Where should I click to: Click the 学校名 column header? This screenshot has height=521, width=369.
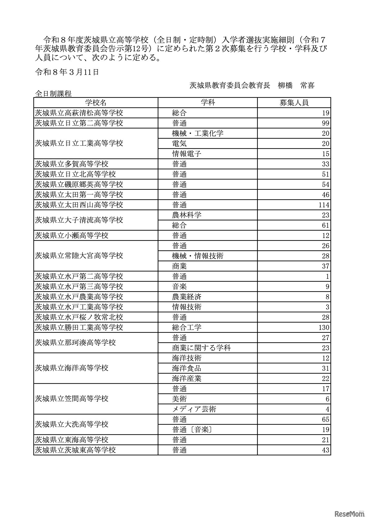pyautogui.click(x=96, y=103)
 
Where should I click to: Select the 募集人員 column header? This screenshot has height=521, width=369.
pyautogui.click(x=294, y=103)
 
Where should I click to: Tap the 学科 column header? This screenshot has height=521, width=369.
pyautogui.click(x=207, y=103)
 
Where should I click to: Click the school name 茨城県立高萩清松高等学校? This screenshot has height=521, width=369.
pyautogui.click(x=79, y=113)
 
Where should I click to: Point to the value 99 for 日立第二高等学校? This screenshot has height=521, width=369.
pyautogui.click(x=325, y=123)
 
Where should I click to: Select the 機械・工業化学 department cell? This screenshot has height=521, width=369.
pyautogui.click(x=198, y=133)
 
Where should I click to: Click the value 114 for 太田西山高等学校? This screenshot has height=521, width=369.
pyautogui.click(x=323, y=205)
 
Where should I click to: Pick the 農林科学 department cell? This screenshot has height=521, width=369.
pyautogui.click(x=187, y=215)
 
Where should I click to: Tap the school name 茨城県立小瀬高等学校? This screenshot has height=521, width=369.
pyautogui.click(x=72, y=236)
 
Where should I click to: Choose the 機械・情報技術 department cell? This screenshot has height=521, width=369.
pyautogui.click(x=198, y=256)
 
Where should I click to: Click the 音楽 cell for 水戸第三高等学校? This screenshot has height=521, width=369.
pyautogui.click(x=180, y=287)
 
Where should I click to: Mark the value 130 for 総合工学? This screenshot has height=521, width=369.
pyautogui.click(x=323, y=328)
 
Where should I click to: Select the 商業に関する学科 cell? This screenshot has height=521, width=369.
pyautogui.click(x=201, y=348)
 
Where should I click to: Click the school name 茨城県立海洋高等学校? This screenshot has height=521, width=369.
pyautogui.click(x=72, y=368)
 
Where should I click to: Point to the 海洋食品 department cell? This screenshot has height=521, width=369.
pyautogui.click(x=187, y=368)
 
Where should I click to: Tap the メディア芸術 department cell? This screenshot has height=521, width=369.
pyautogui.click(x=194, y=409)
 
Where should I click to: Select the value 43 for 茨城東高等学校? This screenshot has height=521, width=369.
pyautogui.click(x=325, y=450)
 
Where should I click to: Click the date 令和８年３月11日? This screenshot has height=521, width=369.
pyautogui.click(x=67, y=72)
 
